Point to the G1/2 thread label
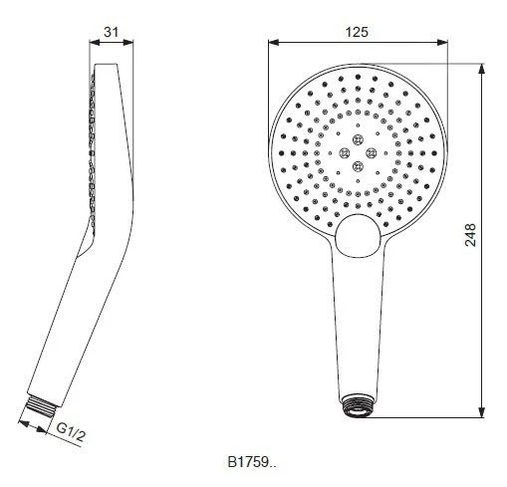tap(71, 430)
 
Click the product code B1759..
tap(253, 462)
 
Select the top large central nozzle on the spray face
tap(359, 138)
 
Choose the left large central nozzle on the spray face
tap(345, 151)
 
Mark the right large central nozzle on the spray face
tap(373, 151)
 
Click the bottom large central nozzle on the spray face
tap(359, 165)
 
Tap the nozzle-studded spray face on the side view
tap(92, 149)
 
